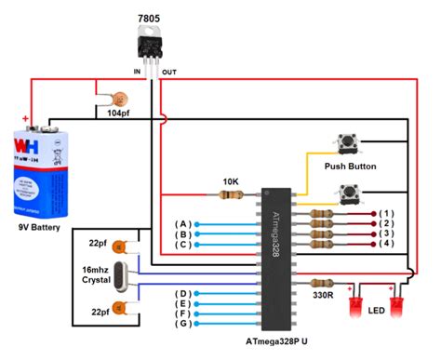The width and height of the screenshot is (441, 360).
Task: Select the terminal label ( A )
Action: point(186,224)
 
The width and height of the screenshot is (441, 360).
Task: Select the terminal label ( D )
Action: point(186,293)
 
